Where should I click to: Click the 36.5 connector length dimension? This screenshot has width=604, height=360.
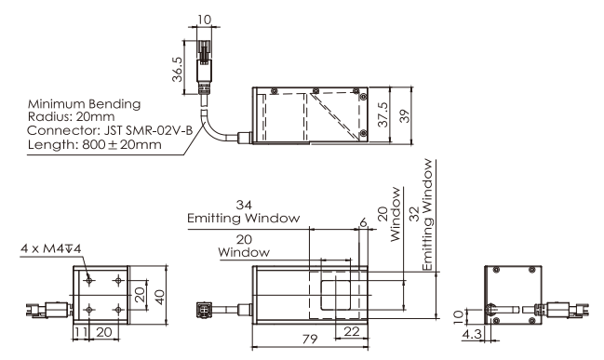click(x=177, y=70)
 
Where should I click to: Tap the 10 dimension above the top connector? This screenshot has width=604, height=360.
click(x=205, y=20)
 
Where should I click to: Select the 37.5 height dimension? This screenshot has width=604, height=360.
click(x=383, y=114)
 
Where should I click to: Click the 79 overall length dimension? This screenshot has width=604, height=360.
click(x=310, y=339)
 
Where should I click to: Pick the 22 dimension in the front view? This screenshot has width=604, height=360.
click(x=351, y=331)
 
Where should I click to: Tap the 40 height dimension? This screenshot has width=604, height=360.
click(x=159, y=297)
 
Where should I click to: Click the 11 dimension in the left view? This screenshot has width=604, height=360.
click(x=81, y=332)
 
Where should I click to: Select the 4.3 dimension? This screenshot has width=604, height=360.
click(x=472, y=333)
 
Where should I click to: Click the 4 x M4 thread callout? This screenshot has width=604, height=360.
click(x=51, y=248)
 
